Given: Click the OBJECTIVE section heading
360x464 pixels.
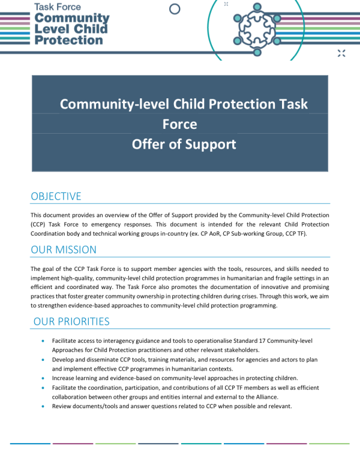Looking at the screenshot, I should click(56, 196).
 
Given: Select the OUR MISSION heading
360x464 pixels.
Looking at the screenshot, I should click(63, 249).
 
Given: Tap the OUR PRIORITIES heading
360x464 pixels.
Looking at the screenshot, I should click(71, 321).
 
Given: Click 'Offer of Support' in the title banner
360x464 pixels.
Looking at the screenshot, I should click(184, 144).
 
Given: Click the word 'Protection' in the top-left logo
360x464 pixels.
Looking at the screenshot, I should click(69, 40).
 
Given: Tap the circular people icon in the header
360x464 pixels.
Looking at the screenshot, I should click(257, 26).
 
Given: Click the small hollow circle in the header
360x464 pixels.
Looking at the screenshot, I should click(175, 9).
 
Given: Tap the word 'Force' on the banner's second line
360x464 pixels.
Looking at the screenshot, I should click(179, 124).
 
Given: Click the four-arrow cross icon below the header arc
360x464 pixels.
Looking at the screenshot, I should click(341, 53).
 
